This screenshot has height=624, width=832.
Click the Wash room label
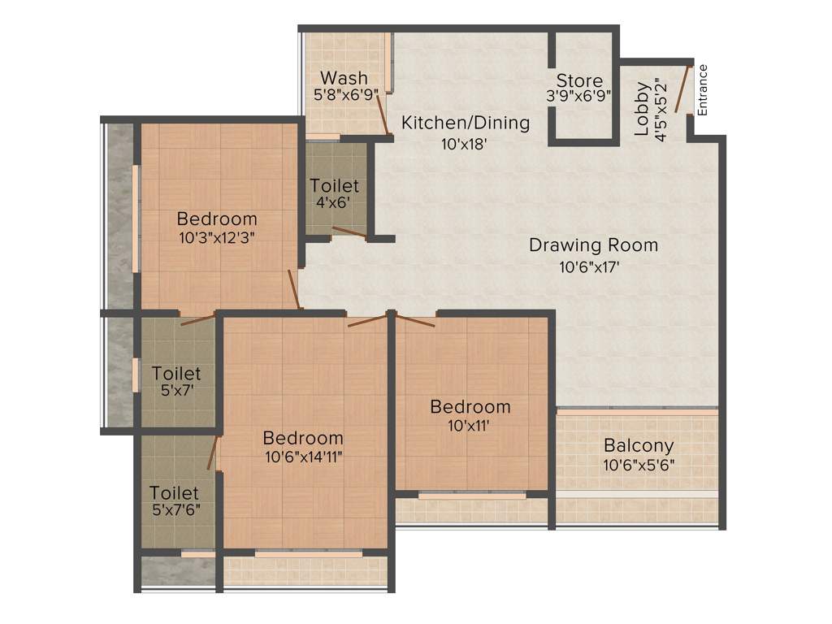[x=344, y=78]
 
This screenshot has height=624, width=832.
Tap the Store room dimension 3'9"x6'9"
[x=579, y=95]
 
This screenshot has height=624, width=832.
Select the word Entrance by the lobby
[x=703, y=89]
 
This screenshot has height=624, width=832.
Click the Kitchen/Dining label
[x=466, y=123]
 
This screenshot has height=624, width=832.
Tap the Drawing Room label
[x=593, y=245]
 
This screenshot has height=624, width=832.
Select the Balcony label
[x=638, y=445]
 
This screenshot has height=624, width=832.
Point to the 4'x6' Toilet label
[x=334, y=187]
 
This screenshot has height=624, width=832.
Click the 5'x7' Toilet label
[x=176, y=374]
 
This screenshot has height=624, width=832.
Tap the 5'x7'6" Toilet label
[x=174, y=493]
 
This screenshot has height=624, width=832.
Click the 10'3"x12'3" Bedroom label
[x=217, y=219]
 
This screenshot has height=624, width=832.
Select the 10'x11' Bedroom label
[x=470, y=406]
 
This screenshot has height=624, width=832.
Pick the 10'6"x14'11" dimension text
[x=303, y=457]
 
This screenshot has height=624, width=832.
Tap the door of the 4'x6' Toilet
[x=349, y=232]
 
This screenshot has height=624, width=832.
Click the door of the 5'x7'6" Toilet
[x=215, y=453]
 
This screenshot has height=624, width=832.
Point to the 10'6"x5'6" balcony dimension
[x=638, y=466]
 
